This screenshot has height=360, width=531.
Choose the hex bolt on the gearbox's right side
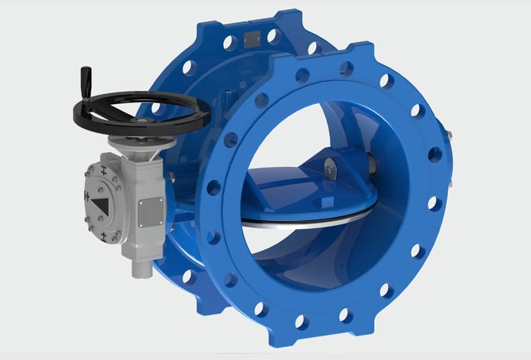(167, 179)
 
